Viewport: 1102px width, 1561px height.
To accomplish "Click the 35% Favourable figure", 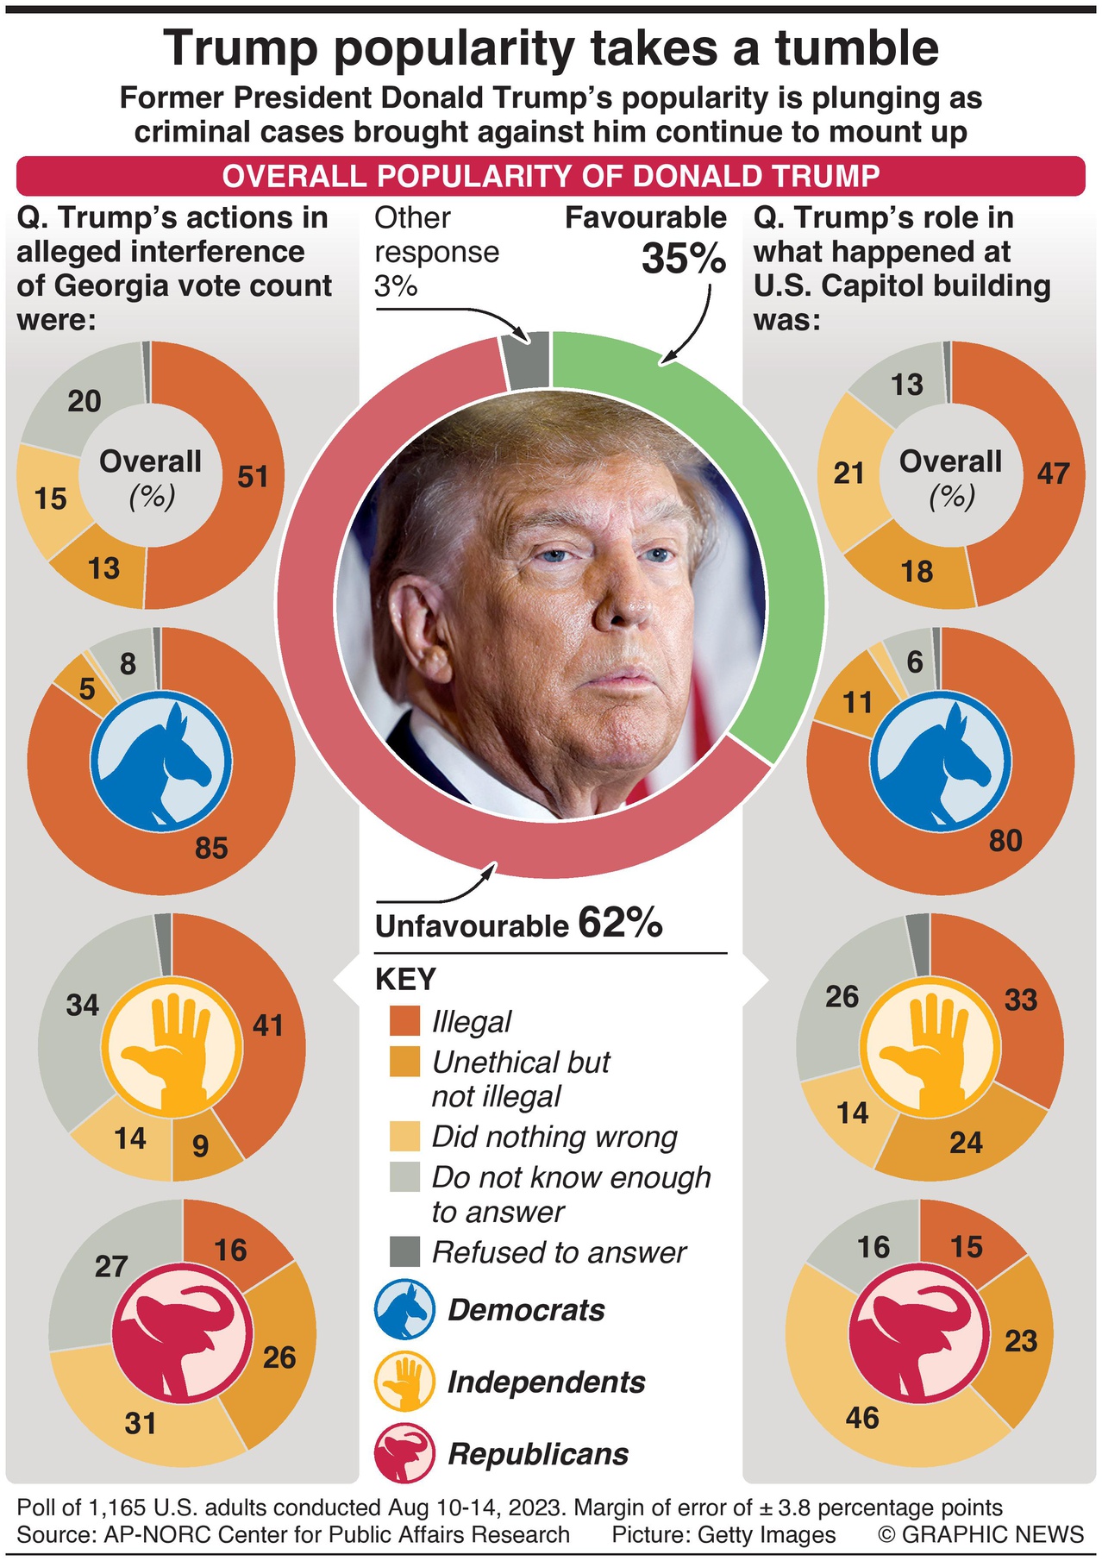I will tap(684, 259).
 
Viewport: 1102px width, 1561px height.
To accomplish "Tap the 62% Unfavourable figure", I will tap(620, 923).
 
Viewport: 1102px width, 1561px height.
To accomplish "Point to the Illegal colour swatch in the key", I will tap(404, 1021).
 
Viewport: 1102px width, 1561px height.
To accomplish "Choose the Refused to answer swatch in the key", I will tap(404, 1251).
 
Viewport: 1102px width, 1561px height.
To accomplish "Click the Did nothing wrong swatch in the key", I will tap(404, 1137).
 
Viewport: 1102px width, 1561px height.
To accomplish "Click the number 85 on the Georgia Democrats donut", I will tap(211, 849).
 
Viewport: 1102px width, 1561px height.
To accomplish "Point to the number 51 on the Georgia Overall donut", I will tap(253, 477).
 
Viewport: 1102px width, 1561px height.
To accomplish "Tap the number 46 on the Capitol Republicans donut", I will tap(862, 1418).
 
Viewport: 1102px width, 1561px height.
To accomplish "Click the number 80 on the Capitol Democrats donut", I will tap(1005, 840).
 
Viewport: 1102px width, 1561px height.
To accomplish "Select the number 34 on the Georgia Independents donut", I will tap(83, 1006).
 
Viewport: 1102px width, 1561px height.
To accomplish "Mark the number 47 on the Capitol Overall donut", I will tap(1053, 473).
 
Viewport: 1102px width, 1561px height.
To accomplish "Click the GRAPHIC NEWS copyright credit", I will tap(980, 1534).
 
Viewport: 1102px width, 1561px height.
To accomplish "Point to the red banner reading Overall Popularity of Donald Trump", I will tap(550, 176).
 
